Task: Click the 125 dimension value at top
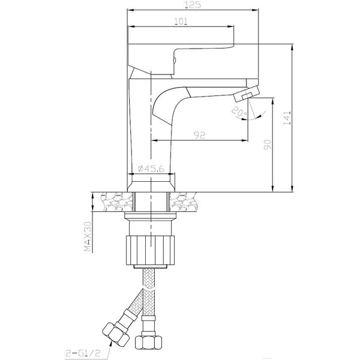[193, 5]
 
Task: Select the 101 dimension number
[181, 22]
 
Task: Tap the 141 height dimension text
[287, 118]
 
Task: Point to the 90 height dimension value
[268, 145]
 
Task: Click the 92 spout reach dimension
[200, 135]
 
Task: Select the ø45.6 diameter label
[151, 169]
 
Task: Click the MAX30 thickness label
[88, 236]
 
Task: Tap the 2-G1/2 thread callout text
[83, 353]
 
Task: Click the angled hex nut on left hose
[115, 333]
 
